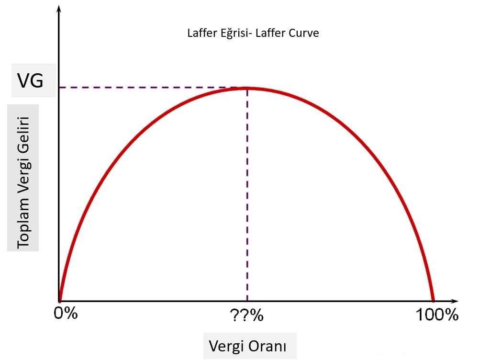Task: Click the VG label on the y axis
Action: click(30, 81)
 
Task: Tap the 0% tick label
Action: click(65, 315)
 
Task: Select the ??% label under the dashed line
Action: click(247, 316)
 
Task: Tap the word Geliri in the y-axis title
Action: click(23, 136)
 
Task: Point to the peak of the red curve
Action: click(247, 88)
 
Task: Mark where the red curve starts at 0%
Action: click(60, 300)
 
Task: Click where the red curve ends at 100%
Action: click(433, 300)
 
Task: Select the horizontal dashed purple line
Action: click(153, 88)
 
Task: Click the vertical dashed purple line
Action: click(247, 191)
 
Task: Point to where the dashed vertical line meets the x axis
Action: click(247, 301)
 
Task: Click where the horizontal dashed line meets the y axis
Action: click(59, 88)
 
